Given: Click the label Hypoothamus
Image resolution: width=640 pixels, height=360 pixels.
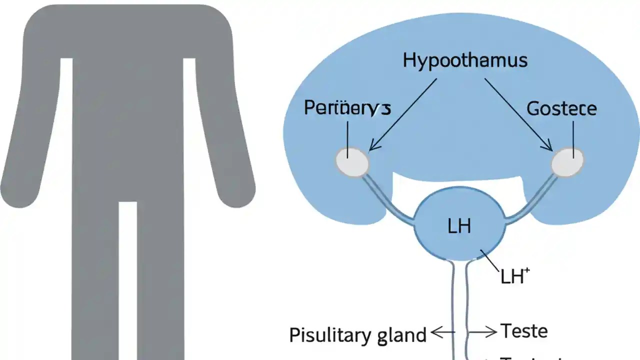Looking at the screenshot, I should click(x=465, y=60).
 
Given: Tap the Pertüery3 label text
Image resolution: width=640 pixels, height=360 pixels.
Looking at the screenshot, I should click(x=347, y=108).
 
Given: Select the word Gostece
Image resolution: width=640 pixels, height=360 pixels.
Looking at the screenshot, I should click(x=561, y=108).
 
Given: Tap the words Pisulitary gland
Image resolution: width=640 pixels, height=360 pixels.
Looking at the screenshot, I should click(x=357, y=334).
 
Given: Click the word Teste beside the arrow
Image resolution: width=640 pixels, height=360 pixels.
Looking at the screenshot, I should click(x=524, y=331).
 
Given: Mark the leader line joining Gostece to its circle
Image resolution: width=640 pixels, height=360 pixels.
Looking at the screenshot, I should click(x=573, y=135).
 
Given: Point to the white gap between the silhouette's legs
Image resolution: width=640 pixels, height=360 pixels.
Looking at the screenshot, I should click(x=128, y=280).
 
